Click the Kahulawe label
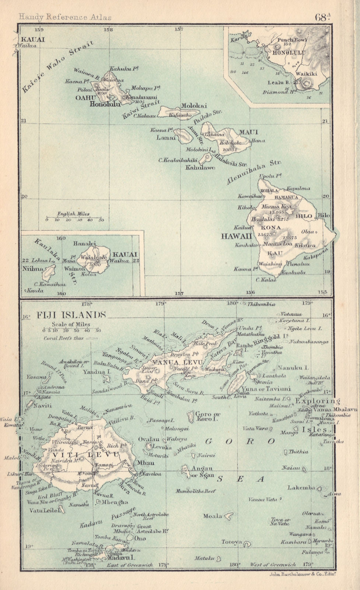(200, 167)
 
